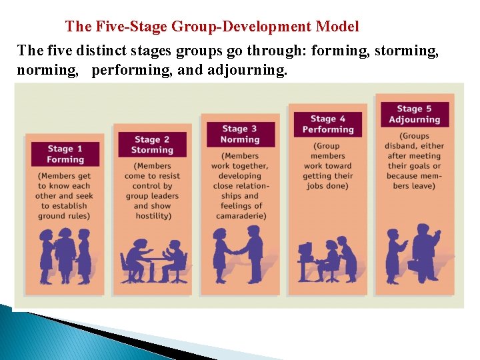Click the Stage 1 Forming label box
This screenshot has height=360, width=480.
click(x=65, y=154)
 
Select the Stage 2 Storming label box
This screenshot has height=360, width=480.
click(x=152, y=145)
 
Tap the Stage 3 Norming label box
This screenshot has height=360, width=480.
click(x=240, y=134)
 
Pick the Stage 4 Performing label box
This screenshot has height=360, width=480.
click(x=327, y=124)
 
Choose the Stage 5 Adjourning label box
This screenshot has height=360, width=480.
click(x=414, y=114)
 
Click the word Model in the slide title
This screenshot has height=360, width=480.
click(x=337, y=27)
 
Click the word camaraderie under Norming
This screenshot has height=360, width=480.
click(x=240, y=216)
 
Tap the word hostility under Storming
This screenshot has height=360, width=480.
click(x=152, y=216)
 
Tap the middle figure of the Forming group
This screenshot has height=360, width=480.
click(x=65, y=254)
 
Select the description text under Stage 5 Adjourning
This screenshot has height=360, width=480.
click(x=414, y=161)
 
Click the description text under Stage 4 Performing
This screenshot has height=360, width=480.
click(x=327, y=166)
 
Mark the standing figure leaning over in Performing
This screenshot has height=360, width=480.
click(x=346, y=257)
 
